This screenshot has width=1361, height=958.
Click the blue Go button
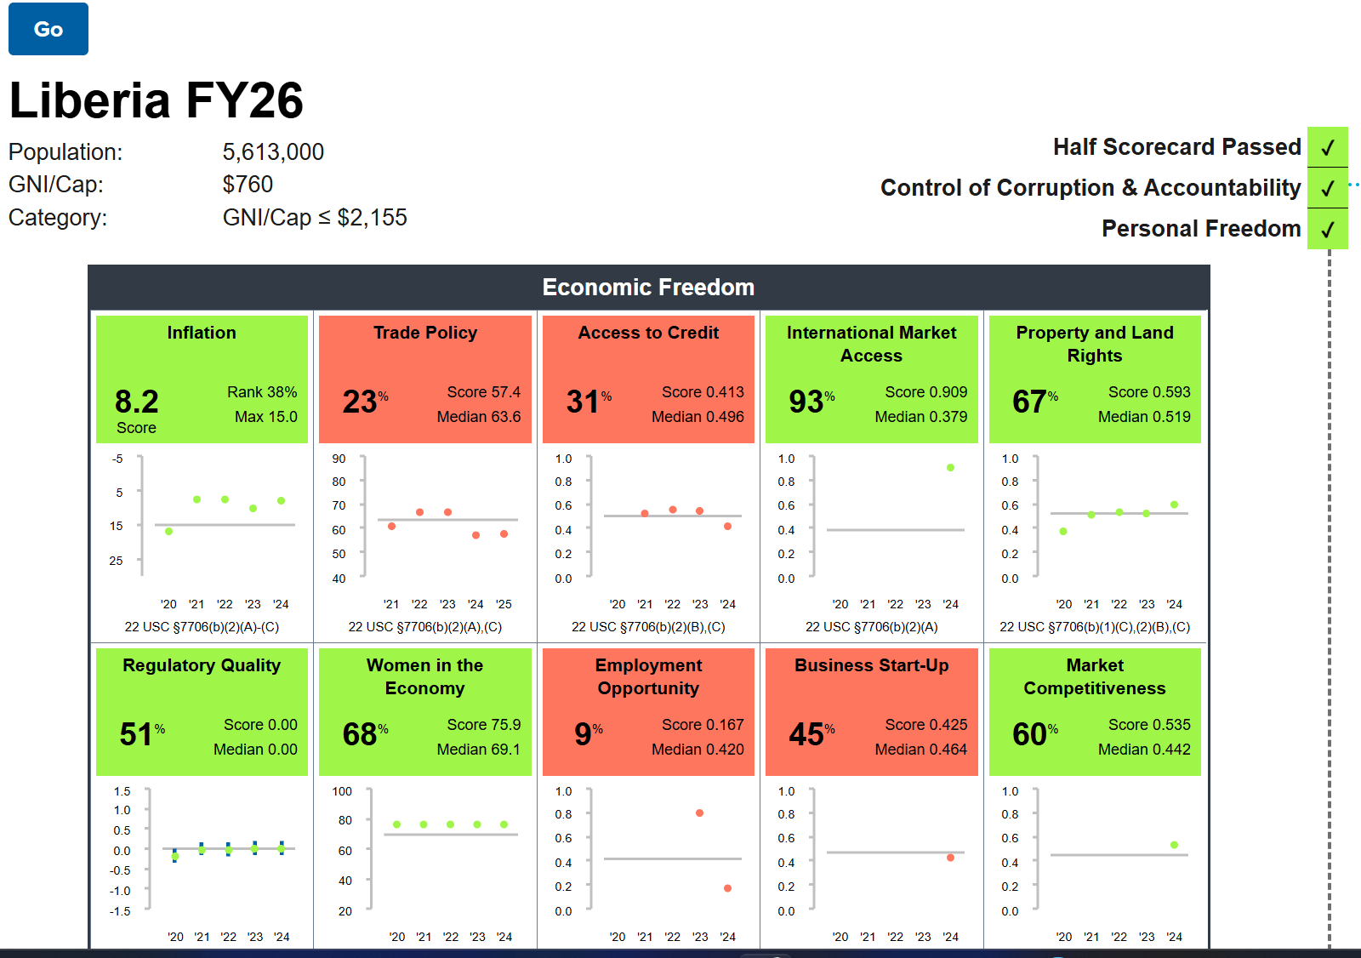(48, 29)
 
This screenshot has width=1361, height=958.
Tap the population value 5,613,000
(273, 152)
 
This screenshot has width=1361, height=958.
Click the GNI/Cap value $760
(248, 185)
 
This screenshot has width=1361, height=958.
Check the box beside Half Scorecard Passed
(1327, 147)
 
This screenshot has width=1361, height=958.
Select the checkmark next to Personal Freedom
(1327, 229)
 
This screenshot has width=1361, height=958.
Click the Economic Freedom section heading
(648, 288)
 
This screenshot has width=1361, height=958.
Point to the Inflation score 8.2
(137, 402)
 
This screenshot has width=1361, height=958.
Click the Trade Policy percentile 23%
(365, 402)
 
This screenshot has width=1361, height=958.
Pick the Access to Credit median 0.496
(698, 417)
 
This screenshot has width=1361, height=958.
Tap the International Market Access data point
(950, 468)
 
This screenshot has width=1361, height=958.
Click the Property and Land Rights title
(1095, 344)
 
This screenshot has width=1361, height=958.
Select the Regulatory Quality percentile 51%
(142, 734)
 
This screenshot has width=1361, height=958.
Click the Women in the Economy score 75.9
(483, 725)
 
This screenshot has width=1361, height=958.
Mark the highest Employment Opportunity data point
(699, 813)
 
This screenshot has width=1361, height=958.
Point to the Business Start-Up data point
(950, 858)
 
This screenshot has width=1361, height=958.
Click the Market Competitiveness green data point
(1174, 845)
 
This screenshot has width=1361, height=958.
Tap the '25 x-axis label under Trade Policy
(504, 604)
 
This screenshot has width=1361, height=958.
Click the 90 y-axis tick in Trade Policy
(339, 459)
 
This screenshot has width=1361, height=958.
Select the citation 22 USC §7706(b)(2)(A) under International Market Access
(871, 627)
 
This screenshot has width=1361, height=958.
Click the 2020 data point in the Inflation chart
(169, 531)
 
